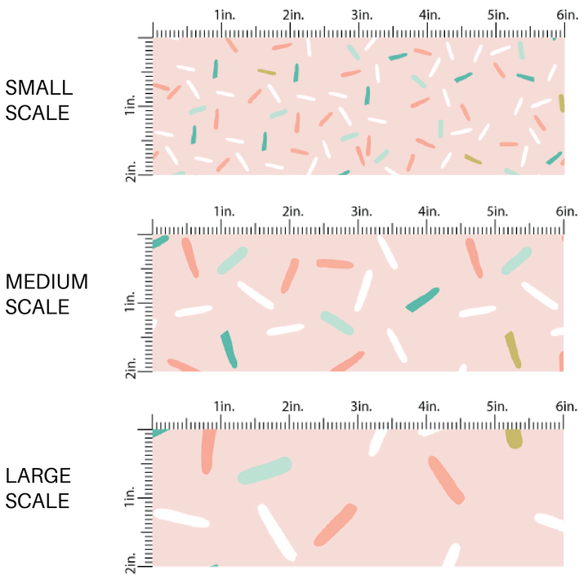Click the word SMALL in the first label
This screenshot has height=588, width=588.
[38, 87]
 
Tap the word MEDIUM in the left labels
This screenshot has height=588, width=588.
[47, 283]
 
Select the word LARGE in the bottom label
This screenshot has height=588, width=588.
[38, 476]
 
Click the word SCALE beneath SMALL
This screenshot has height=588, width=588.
[38, 113]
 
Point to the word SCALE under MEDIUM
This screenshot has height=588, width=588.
[38, 308]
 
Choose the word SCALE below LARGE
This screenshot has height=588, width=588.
[38, 501]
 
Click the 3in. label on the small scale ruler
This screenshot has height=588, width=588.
[361, 15]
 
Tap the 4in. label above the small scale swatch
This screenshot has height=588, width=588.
[430, 15]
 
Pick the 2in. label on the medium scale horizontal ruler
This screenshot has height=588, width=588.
[292, 212]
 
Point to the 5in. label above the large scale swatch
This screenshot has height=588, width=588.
[498, 406]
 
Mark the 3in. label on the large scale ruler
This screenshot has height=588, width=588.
[361, 406]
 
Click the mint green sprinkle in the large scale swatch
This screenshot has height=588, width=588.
[265, 470]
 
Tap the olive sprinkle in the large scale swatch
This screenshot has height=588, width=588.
[514, 439]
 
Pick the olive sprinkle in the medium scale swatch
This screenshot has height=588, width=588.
[512, 349]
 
